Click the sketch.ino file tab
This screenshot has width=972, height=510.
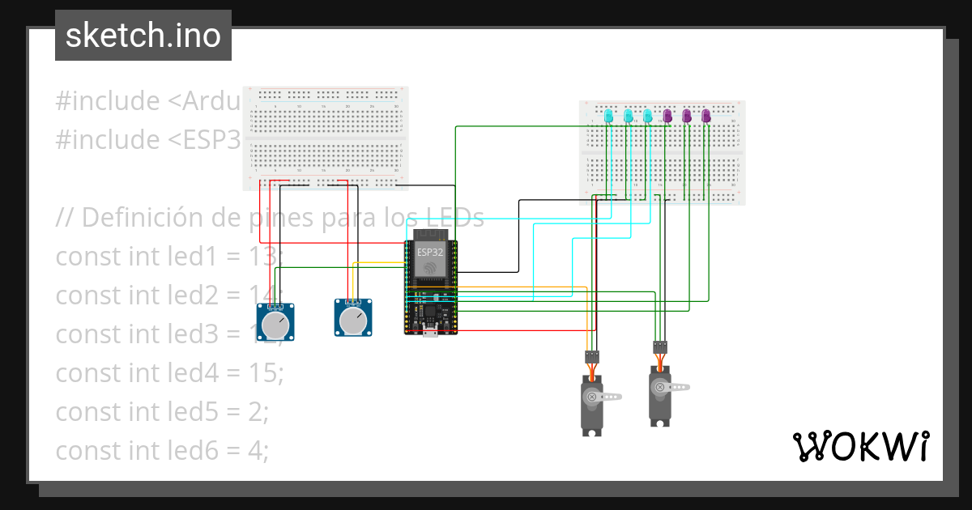tap(143, 36)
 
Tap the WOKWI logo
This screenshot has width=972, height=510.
tap(860, 446)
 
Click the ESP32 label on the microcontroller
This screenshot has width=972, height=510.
tap(431, 252)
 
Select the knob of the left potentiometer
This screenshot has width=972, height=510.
tap(276, 324)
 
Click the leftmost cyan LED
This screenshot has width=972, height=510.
tap(609, 117)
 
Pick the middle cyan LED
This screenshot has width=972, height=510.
tap(629, 117)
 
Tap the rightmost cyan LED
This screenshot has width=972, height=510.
tap(648, 117)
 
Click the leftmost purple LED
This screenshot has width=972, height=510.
tap(667, 117)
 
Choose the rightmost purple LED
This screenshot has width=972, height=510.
tap(706, 117)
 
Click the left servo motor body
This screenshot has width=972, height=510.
tap(591, 405)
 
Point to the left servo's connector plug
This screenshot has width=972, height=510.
tap(592, 356)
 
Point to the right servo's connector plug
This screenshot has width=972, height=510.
tap(660, 347)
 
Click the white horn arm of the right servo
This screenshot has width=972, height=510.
tap(680, 388)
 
